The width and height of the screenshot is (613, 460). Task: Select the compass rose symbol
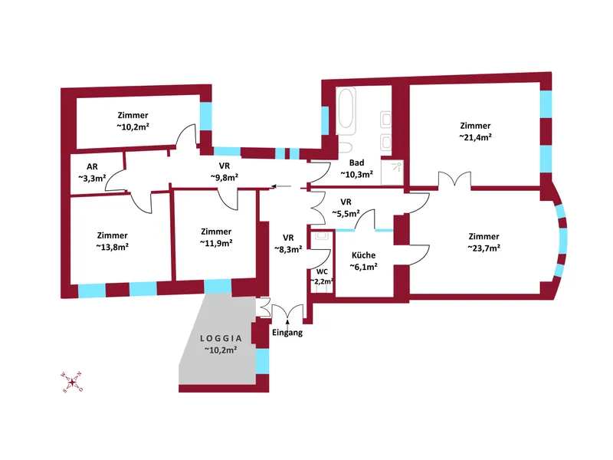[x=71, y=381]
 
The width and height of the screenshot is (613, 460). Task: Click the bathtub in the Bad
[x=346, y=110]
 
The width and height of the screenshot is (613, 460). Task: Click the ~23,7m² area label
[x=484, y=248]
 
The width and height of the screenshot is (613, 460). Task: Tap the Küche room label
[x=363, y=255]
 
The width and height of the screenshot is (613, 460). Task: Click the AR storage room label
[x=92, y=166]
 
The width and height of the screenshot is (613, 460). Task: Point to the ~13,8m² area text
[x=112, y=247]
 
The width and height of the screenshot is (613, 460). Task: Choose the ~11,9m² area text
[x=216, y=243]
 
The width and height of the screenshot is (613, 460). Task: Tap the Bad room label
[x=356, y=163]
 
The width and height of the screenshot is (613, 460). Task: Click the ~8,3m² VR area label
[x=288, y=248]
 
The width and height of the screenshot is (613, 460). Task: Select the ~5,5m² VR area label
[x=346, y=215]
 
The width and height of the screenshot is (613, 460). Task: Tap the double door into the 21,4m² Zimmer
[x=451, y=179]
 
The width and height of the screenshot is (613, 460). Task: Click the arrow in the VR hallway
[x=281, y=186]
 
